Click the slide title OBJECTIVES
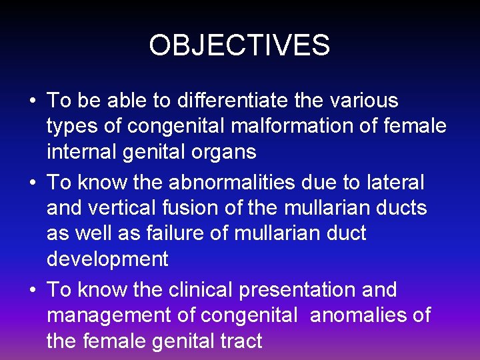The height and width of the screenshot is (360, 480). point(239,45)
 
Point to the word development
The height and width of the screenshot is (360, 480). point(107,259)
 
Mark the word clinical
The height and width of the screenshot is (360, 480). point(199,290)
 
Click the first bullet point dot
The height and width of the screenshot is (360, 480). point(33,102)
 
